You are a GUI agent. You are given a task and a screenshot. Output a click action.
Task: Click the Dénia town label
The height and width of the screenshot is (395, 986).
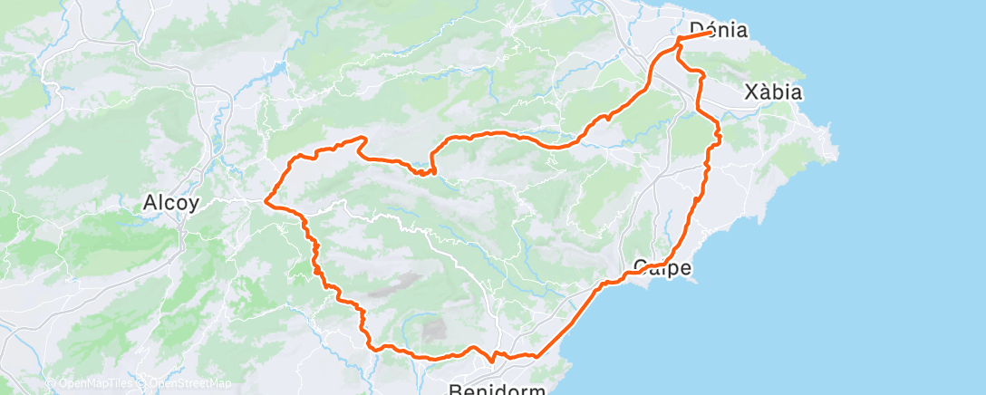tap(719, 29)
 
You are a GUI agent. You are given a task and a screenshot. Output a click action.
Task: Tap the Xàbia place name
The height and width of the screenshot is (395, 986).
tap(772, 92)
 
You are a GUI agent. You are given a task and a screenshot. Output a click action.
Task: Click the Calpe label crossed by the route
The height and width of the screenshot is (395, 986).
tap(662, 267)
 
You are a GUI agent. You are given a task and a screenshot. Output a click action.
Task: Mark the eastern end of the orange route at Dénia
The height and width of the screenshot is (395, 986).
tap(710, 33)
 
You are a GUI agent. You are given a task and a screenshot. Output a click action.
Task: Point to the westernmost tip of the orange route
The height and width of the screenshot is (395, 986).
tap(266, 200)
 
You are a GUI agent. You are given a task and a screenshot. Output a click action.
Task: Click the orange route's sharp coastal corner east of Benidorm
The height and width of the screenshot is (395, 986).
tap(536, 355)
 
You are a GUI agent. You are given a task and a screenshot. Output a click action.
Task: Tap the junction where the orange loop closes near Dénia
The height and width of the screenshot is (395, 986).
tap(679, 40)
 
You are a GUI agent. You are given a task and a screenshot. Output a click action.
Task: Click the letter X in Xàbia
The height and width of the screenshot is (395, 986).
tap(749, 92)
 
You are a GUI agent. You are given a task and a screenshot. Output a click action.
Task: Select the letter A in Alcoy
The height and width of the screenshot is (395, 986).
tap(150, 203)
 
